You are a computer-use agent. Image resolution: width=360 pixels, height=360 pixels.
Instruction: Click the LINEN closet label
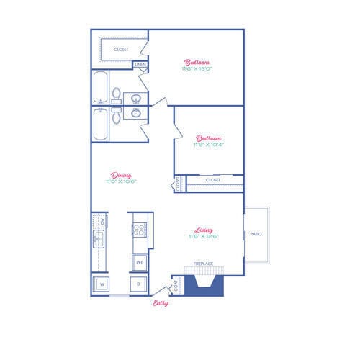click(x=140, y=65)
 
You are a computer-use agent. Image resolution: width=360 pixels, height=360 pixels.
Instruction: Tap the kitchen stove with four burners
click(x=139, y=230)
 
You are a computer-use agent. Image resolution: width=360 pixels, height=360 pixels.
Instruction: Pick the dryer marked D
click(x=139, y=284)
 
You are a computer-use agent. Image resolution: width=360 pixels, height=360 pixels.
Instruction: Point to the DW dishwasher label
click(x=103, y=222)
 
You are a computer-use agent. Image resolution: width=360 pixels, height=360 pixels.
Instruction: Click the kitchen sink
click(x=99, y=240)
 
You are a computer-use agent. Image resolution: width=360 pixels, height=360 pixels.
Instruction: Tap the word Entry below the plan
click(x=161, y=303)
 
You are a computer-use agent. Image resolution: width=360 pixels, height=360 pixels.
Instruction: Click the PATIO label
click(x=256, y=235)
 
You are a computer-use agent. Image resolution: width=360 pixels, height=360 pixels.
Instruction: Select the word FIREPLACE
click(x=204, y=264)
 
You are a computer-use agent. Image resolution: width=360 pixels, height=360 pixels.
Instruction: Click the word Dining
click(x=120, y=174)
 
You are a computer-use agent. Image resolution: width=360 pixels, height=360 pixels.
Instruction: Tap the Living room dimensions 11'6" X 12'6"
click(x=203, y=236)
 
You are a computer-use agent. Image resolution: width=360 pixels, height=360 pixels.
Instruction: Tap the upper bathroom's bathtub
click(x=99, y=88)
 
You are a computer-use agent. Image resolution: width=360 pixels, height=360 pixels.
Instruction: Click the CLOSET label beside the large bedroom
click(x=120, y=49)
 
